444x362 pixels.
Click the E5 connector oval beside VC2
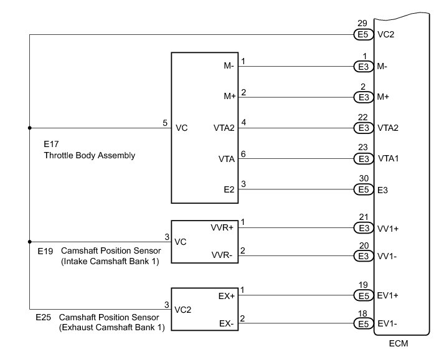coord(364,34)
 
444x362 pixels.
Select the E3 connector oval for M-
coord(364,67)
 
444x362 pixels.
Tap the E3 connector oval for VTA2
coord(364,128)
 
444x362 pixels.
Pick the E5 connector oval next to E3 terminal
coord(364,189)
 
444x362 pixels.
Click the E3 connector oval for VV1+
coord(364,228)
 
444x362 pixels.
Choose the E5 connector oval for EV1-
coord(364,323)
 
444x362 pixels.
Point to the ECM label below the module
coord(399,343)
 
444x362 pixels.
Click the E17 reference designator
coord(51,144)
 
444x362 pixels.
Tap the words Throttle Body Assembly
coord(90,156)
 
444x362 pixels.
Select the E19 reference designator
coord(45,251)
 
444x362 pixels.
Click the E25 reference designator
coord(44,317)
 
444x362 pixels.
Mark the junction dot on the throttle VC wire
coord(30,128)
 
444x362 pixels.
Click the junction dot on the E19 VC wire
coord(30,242)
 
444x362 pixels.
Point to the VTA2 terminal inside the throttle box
coord(224,128)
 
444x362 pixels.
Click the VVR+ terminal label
coord(222,227)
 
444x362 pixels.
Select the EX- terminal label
coord(226,323)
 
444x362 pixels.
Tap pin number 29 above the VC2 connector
coord(362,23)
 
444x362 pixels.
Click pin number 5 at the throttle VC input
coord(165,123)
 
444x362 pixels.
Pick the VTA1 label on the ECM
coord(388,158)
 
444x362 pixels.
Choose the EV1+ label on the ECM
coord(388,296)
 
